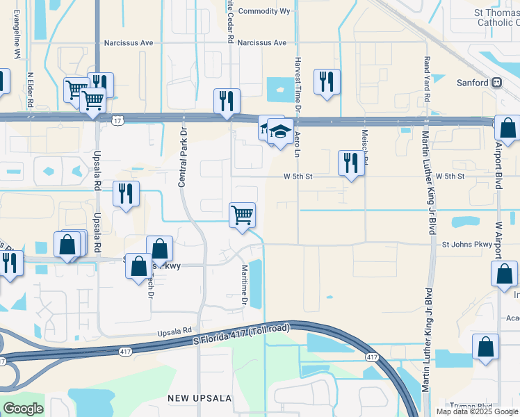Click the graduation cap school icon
[279, 131]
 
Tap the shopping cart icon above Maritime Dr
[242, 214]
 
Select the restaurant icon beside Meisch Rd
[351, 163]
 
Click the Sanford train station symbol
[496, 83]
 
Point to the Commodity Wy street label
[264, 11]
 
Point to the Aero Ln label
[297, 138]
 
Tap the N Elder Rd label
[30, 89]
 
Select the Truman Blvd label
[471, 406]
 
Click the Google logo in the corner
[23, 408]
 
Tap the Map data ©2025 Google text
[476, 411]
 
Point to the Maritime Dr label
[245, 286]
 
